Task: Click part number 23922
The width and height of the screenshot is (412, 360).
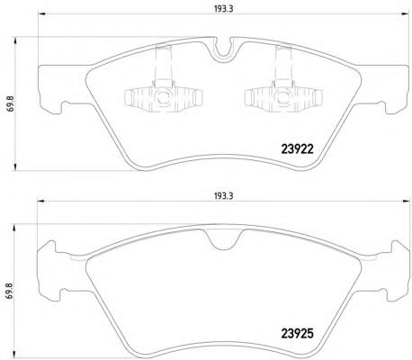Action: (x=297, y=149)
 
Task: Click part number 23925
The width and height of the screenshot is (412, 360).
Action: (x=297, y=334)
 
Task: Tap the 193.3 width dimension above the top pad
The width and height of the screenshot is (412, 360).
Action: (x=223, y=9)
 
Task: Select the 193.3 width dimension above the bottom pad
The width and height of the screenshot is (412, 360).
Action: (x=223, y=196)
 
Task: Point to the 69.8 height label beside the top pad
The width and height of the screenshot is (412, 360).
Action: (x=11, y=103)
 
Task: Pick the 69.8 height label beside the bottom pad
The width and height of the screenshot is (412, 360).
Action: (x=11, y=291)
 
